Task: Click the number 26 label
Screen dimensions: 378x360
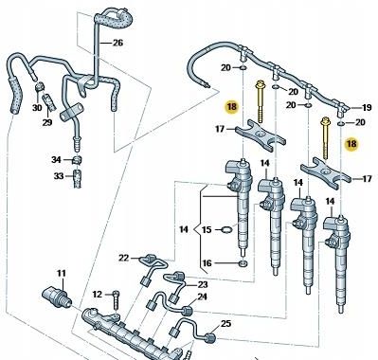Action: [117, 43]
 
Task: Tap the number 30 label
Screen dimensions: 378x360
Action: [37, 108]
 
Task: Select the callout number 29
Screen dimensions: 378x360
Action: [47, 122]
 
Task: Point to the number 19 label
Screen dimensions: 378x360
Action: [367, 108]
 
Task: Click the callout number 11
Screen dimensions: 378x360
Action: [62, 273]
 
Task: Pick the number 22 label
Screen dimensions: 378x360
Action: [124, 258]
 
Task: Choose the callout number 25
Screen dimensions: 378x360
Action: [225, 323]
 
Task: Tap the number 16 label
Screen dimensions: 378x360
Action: [207, 262]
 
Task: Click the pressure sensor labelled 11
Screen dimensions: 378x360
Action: [55, 297]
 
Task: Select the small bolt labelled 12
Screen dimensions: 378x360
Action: [116, 299]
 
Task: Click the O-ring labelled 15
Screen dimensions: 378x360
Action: [226, 229]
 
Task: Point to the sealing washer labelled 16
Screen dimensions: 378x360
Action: [243, 263]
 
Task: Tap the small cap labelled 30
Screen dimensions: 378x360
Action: [39, 86]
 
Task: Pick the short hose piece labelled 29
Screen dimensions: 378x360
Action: [49, 101]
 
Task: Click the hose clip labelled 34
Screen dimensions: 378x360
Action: [77, 160]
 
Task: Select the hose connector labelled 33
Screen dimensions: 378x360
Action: [77, 179]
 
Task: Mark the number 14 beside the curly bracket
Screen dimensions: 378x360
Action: [184, 229]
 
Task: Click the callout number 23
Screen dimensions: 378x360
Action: [203, 284]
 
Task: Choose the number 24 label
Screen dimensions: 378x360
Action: [202, 297]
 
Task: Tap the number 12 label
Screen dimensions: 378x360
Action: [98, 295]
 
